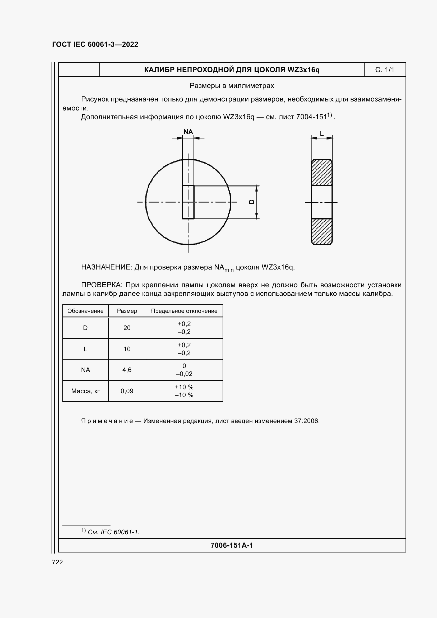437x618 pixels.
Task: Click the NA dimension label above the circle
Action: pyautogui.click(x=188, y=132)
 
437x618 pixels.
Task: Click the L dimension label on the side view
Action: pyautogui.click(x=322, y=133)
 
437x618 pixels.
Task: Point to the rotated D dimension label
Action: pyautogui.click(x=252, y=202)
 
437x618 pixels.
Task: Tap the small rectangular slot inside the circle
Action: pyautogui.click(x=188, y=202)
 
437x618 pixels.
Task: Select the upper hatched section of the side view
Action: pyautogui.click(x=321, y=173)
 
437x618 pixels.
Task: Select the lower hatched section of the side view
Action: pyautogui.click(x=321, y=231)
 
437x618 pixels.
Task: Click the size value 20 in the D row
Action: pyautogui.click(x=127, y=328)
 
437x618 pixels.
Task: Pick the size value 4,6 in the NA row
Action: pyautogui.click(x=127, y=370)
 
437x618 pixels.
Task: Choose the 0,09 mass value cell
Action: pyautogui.click(x=127, y=391)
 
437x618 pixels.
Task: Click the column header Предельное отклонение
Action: pyautogui.click(x=184, y=311)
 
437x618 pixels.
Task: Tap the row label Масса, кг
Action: pyautogui.click(x=85, y=391)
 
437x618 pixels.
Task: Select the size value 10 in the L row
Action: pyautogui.click(x=127, y=349)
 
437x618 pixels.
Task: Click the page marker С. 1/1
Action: pyautogui.click(x=384, y=70)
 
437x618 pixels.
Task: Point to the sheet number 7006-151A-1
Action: pyautogui.click(x=232, y=545)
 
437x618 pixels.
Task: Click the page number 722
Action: pyautogui.click(x=57, y=562)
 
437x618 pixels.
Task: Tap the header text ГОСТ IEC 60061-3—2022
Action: pyautogui.click(x=95, y=44)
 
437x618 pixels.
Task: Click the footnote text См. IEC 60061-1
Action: pyautogui.click(x=113, y=532)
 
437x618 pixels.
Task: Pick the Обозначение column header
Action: pyautogui.click(x=85, y=311)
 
